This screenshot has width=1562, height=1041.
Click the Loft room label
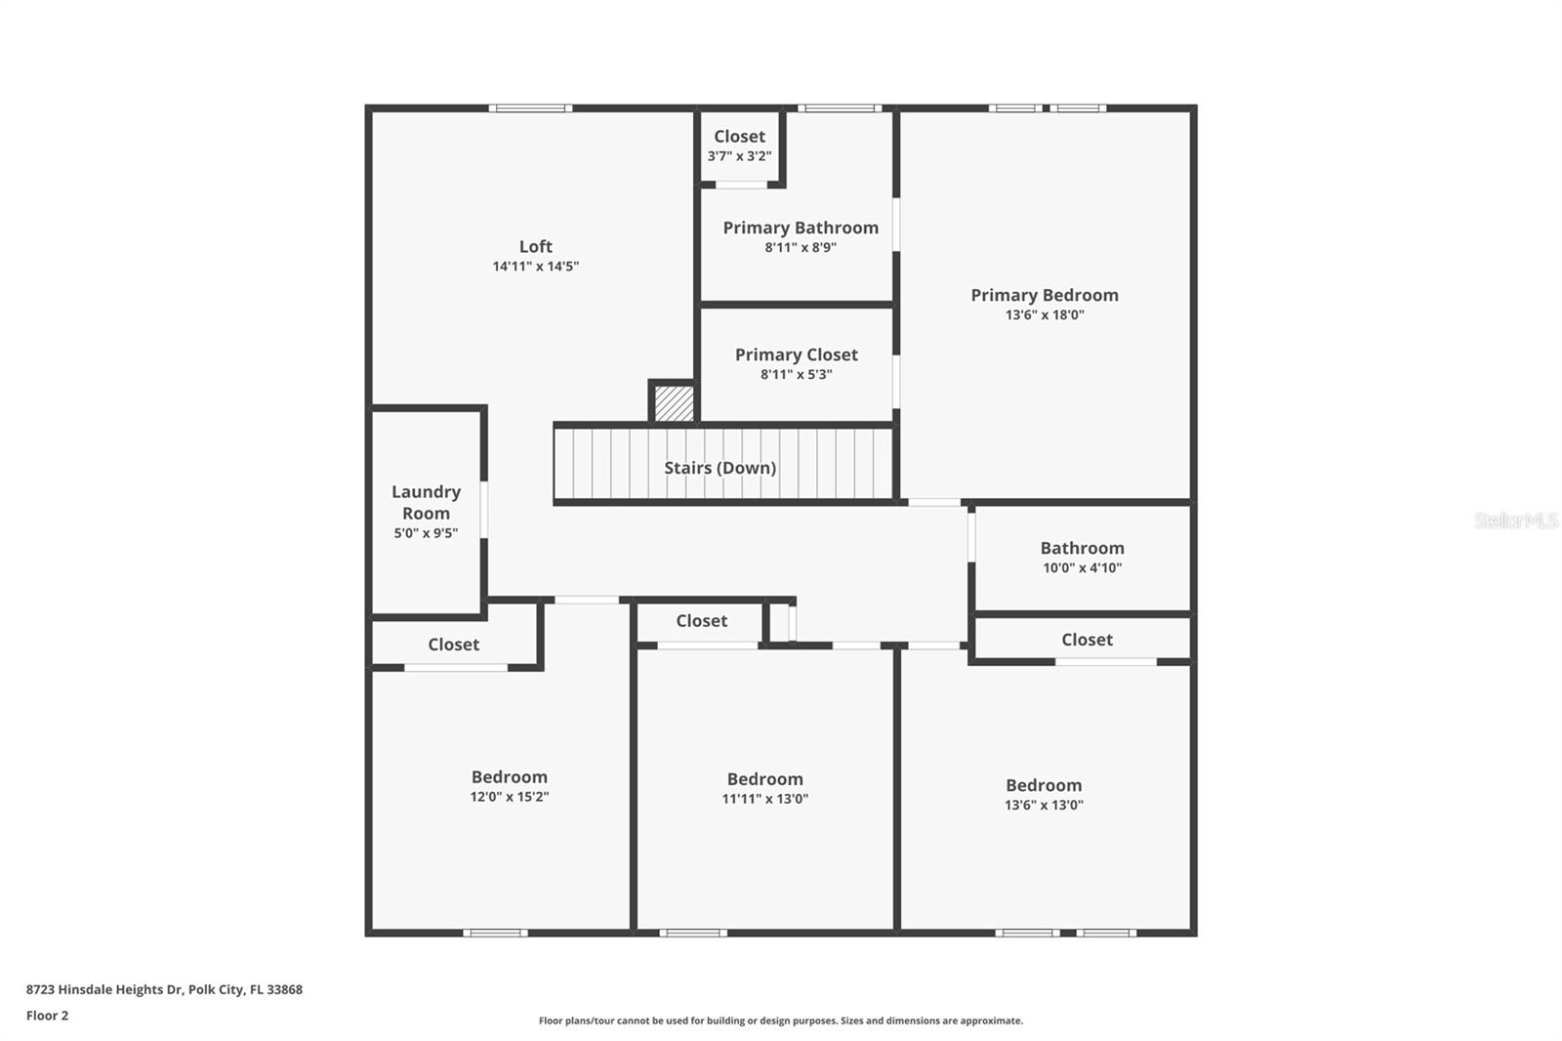coord(535,247)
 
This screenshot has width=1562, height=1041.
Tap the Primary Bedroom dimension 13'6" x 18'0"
coord(1045,315)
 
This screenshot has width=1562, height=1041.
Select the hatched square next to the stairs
coord(674,403)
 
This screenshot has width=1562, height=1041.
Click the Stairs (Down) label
coord(720,468)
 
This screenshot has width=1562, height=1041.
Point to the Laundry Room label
coord(426,502)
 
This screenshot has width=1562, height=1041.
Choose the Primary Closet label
coord(796,354)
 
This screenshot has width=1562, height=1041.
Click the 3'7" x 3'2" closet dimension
coord(739,156)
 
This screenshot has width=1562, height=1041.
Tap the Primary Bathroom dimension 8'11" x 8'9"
coord(801,248)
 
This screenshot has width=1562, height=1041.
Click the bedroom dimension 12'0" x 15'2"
coord(509,797)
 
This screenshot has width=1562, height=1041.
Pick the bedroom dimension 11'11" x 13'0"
coord(764,799)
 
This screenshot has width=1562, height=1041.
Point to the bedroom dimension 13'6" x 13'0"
coord(1044,806)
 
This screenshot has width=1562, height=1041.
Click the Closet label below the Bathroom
coord(1087,640)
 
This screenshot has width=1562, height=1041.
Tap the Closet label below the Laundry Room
coord(453,645)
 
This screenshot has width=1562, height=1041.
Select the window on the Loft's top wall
coord(530,108)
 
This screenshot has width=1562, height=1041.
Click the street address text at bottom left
coord(164,989)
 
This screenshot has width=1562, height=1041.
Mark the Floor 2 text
coord(47,1016)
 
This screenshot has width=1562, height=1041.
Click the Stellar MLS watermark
coord(1515,520)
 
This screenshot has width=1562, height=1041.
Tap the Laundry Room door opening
coord(484,509)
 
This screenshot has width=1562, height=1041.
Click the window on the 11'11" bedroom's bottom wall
coord(693,933)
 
